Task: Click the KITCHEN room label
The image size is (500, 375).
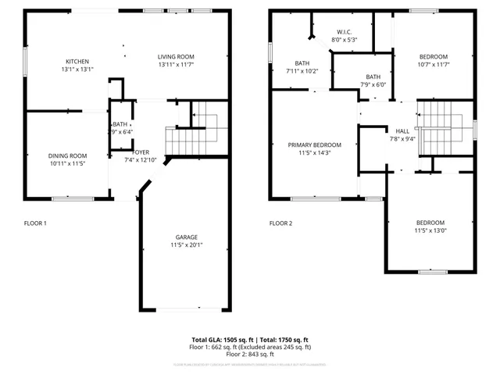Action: point(77,62)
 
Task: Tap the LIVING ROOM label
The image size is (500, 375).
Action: point(176,56)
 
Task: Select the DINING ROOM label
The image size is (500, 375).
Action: point(67,155)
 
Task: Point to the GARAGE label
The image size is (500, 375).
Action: point(186,237)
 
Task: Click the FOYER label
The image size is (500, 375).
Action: point(141,152)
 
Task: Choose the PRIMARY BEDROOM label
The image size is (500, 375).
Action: point(315,145)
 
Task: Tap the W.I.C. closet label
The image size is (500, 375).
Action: point(344,32)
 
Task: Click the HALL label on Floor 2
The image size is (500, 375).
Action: point(402,130)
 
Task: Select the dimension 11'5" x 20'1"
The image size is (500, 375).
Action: point(186,245)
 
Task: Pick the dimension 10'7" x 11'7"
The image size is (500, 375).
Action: point(434,64)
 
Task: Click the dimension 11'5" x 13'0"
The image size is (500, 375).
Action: point(430,230)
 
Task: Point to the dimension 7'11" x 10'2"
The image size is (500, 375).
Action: point(302,71)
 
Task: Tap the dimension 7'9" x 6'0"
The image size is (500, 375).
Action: point(373,84)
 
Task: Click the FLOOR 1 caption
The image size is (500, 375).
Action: point(35,223)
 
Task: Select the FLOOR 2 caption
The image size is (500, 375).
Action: point(280,223)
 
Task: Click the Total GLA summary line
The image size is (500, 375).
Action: point(250,340)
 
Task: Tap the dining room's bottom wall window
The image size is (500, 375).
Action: point(78,198)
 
